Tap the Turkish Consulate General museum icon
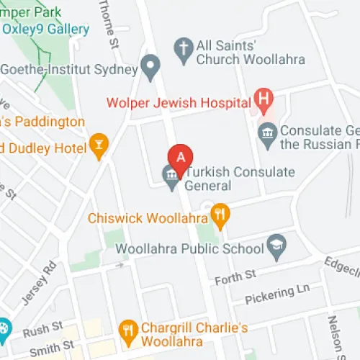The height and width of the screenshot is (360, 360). click(x=171, y=174)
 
